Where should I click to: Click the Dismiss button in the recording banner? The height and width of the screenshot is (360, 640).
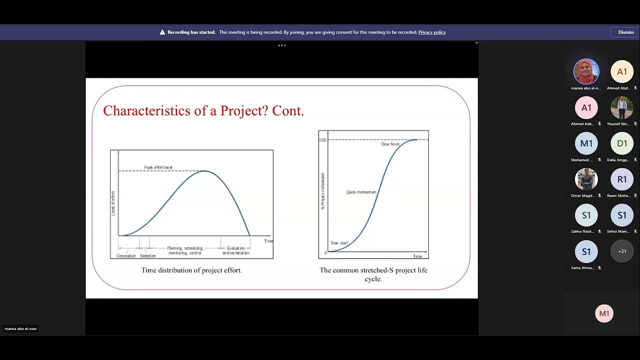coord(625,32)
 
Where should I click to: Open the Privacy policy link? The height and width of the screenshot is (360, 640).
coord(431,32)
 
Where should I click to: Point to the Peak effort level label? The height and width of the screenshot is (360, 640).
coord(158,167)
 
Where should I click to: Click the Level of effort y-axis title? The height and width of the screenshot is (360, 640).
coord(113,203)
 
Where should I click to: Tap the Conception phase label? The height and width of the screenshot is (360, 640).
coord(126,255)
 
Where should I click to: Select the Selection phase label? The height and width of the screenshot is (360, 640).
coord(148,255)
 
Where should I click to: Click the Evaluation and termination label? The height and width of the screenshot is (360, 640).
coord(236,250)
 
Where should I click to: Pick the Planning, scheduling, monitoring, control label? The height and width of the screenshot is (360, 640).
coord(185,250)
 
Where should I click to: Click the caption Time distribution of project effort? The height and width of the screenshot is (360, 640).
coord(191,270)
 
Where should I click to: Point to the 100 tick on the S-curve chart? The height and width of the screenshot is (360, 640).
coord(322,140)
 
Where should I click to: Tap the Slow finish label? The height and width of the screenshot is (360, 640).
coord(390,144)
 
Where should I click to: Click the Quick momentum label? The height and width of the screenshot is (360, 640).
coord(361,192)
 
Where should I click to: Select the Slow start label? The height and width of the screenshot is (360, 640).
coord(339,243)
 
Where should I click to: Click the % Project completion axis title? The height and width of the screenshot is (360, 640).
coord(323,191)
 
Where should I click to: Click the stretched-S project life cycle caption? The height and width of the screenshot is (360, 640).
coord(373,274)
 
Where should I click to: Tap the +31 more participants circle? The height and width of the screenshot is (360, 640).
coord(622,251)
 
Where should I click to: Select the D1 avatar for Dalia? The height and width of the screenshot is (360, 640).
coord(622,143)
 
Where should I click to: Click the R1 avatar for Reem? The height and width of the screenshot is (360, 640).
coord(622,179)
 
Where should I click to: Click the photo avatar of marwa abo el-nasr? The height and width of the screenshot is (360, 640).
coord(586,71)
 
